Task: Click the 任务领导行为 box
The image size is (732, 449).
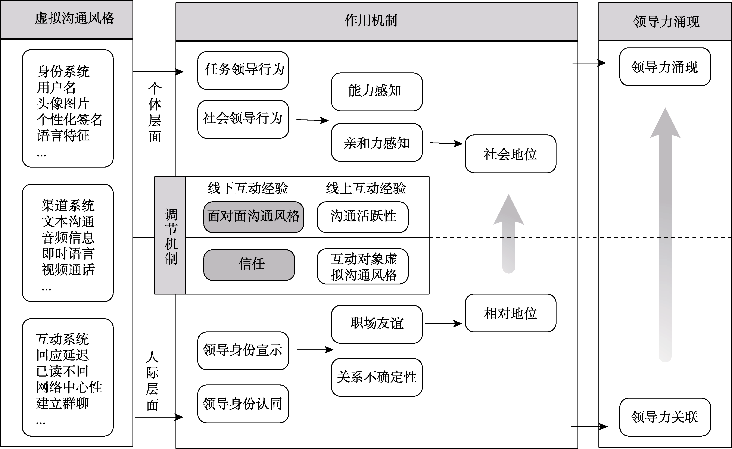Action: pos(243,71)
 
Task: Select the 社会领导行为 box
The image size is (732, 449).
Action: pos(243,119)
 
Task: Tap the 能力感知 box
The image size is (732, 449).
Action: pos(377,92)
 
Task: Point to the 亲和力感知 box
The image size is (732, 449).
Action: pos(377,143)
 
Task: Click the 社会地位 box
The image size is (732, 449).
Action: pos(510,154)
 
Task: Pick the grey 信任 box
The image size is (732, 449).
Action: pos(249,265)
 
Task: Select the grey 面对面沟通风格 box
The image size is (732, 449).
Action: pos(253,217)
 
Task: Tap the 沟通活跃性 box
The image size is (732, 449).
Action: pos(362,217)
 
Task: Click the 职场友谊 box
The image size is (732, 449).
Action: pos(377,324)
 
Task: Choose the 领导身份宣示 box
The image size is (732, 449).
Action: pos(243,351)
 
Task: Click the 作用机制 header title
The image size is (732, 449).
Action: pos(371,21)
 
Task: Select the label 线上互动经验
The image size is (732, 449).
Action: pos(366,188)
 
